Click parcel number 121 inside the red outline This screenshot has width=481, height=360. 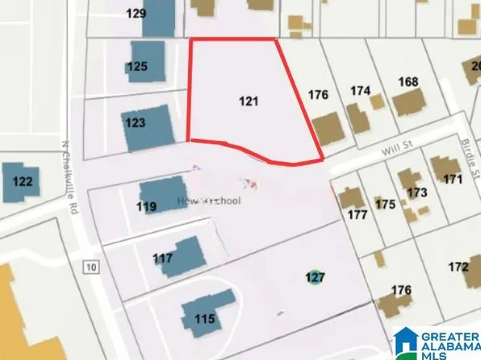pos(249,102)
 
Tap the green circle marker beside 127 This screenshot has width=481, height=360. pos(316,277)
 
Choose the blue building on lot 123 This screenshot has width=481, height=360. pos(150,128)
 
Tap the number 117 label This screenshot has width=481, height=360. pos(163,258)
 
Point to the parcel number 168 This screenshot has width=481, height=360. pos(408,82)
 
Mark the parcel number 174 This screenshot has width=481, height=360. pos(360,90)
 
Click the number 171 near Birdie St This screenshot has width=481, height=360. pos(452,178)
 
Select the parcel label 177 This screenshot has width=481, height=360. pos(358,216)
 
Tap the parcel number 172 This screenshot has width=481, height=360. pos(458,266)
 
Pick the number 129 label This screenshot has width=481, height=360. pos(136,13)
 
